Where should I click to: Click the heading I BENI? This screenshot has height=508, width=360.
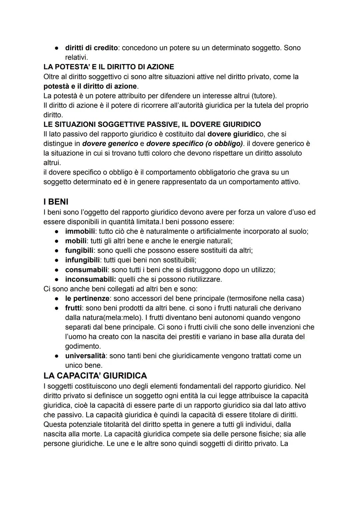56,202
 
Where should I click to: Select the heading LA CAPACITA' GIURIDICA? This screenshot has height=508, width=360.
95,376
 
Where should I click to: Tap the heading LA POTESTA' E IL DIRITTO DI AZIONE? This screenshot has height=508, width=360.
109,67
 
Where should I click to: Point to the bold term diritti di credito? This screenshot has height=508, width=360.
91,48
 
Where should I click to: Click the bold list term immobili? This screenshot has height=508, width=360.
80,232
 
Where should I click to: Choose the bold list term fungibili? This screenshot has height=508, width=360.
79,251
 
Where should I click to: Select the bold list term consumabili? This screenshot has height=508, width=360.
86,270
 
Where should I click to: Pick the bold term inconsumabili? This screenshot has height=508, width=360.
90,279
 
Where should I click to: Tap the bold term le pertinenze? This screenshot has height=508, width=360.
87,298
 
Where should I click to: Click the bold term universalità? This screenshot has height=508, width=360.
85,356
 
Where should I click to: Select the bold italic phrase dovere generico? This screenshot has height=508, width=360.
110,144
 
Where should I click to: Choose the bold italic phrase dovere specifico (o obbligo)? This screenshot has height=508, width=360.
195,144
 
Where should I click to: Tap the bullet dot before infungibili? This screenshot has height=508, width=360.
57,260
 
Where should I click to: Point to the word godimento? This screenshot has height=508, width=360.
83,346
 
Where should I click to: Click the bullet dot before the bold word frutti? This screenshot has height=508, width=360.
57,308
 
